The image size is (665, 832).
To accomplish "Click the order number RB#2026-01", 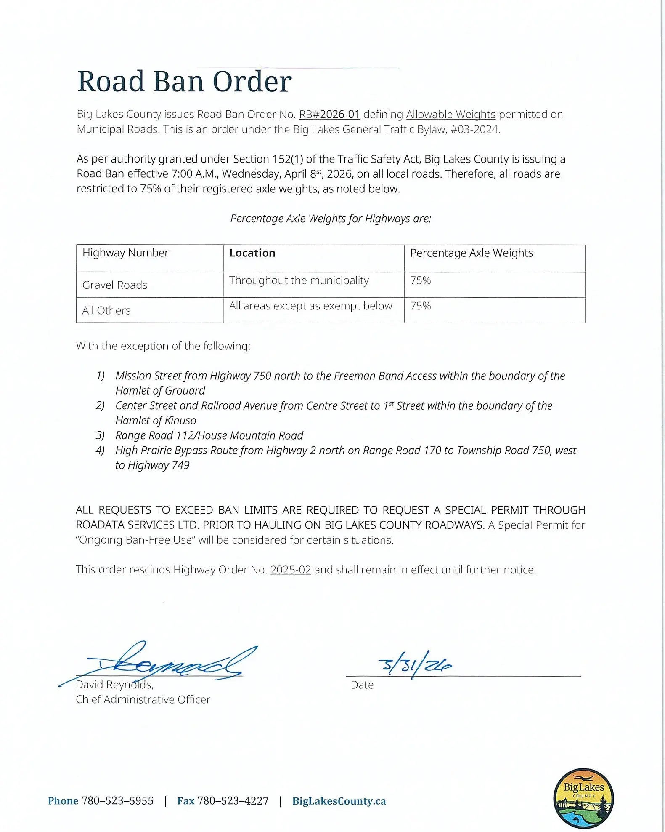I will [329, 115].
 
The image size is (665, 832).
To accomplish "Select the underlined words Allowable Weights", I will [450, 115].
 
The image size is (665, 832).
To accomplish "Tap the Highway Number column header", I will [125, 253].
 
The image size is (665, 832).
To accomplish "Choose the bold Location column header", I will [252, 253].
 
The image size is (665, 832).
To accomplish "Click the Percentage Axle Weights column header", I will [471, 253].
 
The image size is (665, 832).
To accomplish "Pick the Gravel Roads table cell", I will [115, 285].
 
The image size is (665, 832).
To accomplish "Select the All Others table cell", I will [106, 310].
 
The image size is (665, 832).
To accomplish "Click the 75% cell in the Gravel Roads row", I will [421, 281].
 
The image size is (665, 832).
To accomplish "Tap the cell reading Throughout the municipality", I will [299, 280].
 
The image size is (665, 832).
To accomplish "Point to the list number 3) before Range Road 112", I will [100, 435].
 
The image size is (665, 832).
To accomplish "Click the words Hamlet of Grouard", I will [160, 391].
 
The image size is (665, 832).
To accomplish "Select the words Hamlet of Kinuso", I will [156, 421].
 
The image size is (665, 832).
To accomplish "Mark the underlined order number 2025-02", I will [291, 570].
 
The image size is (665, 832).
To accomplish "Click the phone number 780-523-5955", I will [117, 801].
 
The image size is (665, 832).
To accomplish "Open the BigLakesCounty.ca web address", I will [339, 801].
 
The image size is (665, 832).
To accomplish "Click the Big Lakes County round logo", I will [583, 798].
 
